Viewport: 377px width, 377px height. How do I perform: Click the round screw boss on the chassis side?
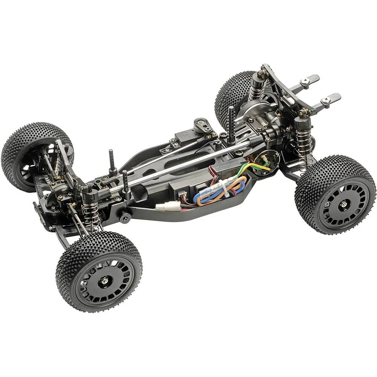pos(125,218)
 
